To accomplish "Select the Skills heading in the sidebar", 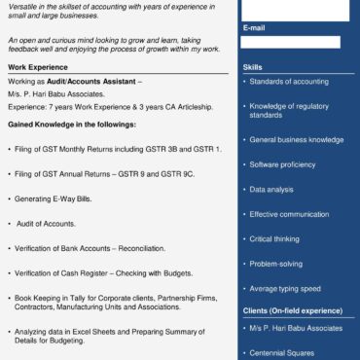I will [x=252, y=67].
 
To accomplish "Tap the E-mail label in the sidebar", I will [x=254, y=27].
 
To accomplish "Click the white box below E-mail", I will [x=291, y=42].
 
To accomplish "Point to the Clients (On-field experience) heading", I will [x=292, y=310].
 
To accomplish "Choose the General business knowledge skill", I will [x=296, y=139].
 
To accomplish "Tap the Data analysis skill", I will [x=271, y=189].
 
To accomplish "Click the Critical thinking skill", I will [x=274, y=238].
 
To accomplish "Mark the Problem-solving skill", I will [x=275, y=264].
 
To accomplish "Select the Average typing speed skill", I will [x=285, y=289].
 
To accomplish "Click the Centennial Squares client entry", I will [x=283, y=353].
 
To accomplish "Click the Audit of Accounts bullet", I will [x=46, y=224].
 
